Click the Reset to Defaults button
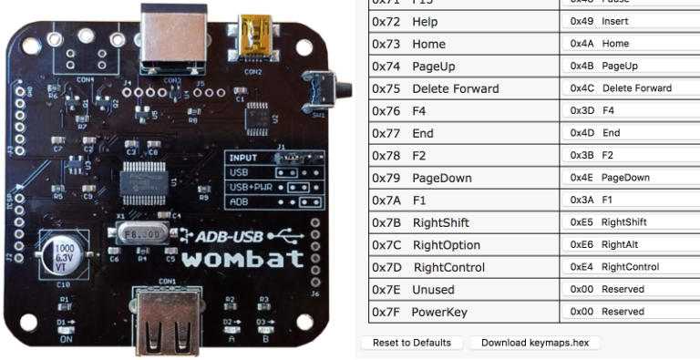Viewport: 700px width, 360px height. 411,343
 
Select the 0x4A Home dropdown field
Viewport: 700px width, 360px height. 630,44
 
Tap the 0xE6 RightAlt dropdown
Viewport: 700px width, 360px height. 630,244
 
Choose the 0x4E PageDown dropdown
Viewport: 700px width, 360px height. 630,178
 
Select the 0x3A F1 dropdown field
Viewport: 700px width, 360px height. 630,200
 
